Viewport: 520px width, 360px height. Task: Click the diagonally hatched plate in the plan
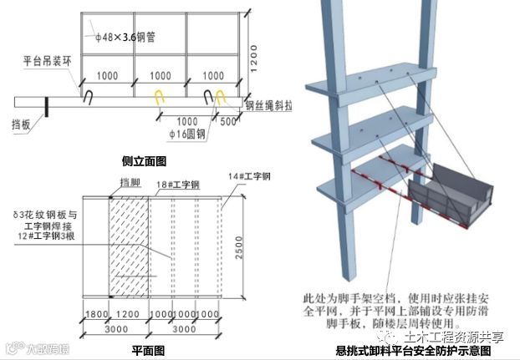130,246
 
